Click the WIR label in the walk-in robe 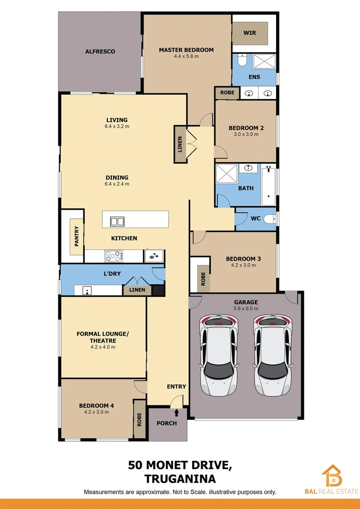(249, 33)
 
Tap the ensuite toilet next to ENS (242, 61)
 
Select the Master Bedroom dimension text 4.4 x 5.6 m (186, 57)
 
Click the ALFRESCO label (100, 51)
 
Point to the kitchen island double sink (117, 221)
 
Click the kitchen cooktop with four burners (114, 256)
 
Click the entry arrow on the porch (177, 413)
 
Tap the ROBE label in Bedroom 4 (139, 419)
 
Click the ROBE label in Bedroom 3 (203, 279)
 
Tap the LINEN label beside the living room (180, 144)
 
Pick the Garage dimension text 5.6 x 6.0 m (246, 309)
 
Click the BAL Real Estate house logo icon (332, 476)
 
